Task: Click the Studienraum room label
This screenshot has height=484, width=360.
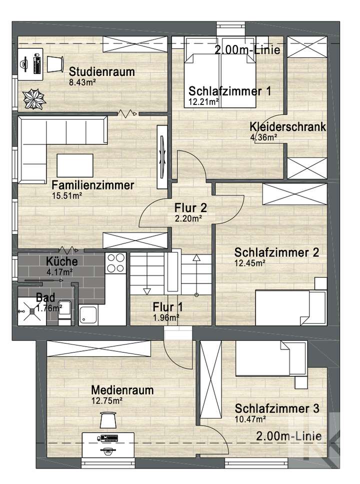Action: [102, 71]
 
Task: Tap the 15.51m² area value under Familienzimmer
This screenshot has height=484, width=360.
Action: [66, 196]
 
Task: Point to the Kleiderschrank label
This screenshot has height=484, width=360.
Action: [288, 127]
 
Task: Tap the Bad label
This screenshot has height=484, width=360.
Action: [45, 298]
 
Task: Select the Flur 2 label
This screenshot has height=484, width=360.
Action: [190, 207]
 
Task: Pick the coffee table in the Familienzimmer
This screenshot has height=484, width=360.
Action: [75, 164]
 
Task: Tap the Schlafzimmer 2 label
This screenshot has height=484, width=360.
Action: [276, 252]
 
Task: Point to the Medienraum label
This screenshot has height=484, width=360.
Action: [122, 390]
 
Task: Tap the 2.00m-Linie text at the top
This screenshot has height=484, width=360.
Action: [246, 50]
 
